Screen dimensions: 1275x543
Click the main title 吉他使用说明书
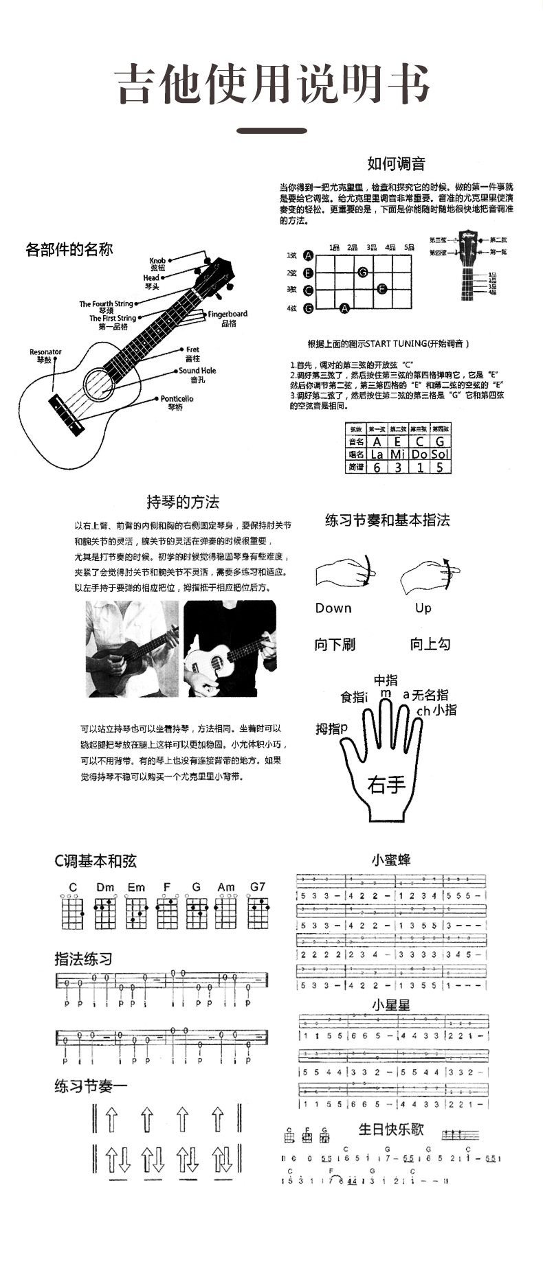tap(273, 84)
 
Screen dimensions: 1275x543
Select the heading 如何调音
tap(396, 163)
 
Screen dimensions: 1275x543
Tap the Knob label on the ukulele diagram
tap(157, 261)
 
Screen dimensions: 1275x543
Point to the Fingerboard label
tap(228, 314)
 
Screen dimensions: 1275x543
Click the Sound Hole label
tap(197, 371)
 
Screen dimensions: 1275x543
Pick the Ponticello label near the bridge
tap(177, 399)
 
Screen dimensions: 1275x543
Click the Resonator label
tap(45, 352)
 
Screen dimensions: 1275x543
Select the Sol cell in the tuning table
tap(440, 455)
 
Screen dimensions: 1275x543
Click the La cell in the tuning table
tap(377, 455)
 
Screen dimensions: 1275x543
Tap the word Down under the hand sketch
tap(333, 608)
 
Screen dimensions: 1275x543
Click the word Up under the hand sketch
tap(423, 608)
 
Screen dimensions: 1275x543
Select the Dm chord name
tap(105, 887)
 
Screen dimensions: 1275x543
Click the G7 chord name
tap(258, 887)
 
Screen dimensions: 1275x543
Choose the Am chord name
tap(226, 887)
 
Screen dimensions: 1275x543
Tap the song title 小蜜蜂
tap(391, 860)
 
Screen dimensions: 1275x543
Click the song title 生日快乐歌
tap(391, 1129)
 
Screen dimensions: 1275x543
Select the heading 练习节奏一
tap(91, 1086)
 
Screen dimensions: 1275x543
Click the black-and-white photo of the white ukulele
tap(230, 649)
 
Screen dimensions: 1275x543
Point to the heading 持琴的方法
tap(183, 503)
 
